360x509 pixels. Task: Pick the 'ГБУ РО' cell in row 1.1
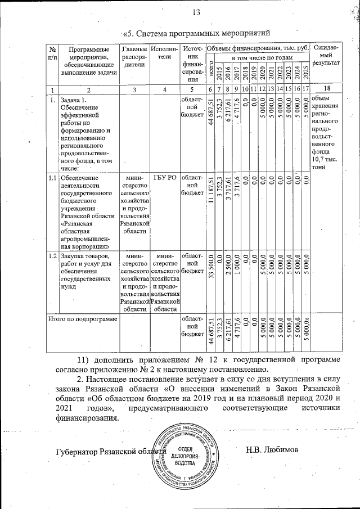[164, 178]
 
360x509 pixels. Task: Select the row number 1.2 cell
[52, 256]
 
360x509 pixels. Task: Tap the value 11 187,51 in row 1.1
[211, 191]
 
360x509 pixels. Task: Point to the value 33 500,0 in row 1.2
[211, 270]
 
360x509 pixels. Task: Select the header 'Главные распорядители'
[134, 56]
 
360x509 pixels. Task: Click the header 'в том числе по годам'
[263, 58]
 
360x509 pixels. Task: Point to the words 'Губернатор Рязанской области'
[107, 452]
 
